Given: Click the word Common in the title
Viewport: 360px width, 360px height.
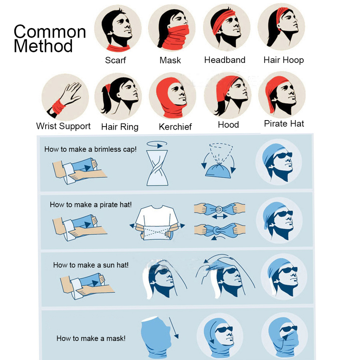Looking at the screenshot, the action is click(x=50, y=32).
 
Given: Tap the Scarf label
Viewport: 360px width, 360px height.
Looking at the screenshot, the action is click(x=116, y=60).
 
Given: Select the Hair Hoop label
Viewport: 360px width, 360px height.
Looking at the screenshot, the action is click(x=283, y=60).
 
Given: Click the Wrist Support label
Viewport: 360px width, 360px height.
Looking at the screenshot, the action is click(x=63, y=126).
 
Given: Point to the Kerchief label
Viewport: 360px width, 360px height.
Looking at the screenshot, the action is click(x=175, y=127).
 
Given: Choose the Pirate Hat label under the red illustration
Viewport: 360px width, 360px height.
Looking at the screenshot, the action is click(x=284, y=124).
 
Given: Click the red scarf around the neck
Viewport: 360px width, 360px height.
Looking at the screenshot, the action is click(x=118, y=48).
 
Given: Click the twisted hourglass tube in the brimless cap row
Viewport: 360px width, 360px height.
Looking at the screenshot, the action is click(x=157, y=168).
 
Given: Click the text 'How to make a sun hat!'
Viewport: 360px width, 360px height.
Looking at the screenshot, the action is click(x=91, y=265).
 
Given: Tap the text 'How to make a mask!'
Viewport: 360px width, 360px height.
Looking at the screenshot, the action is click(x=91, y=338).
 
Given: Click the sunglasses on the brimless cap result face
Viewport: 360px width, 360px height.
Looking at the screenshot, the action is click(x=284, y=155).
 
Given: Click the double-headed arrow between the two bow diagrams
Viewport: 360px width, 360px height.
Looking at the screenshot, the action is click(x=220, y=216).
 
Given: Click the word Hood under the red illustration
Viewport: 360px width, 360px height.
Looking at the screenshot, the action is click(x=229, y=125).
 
